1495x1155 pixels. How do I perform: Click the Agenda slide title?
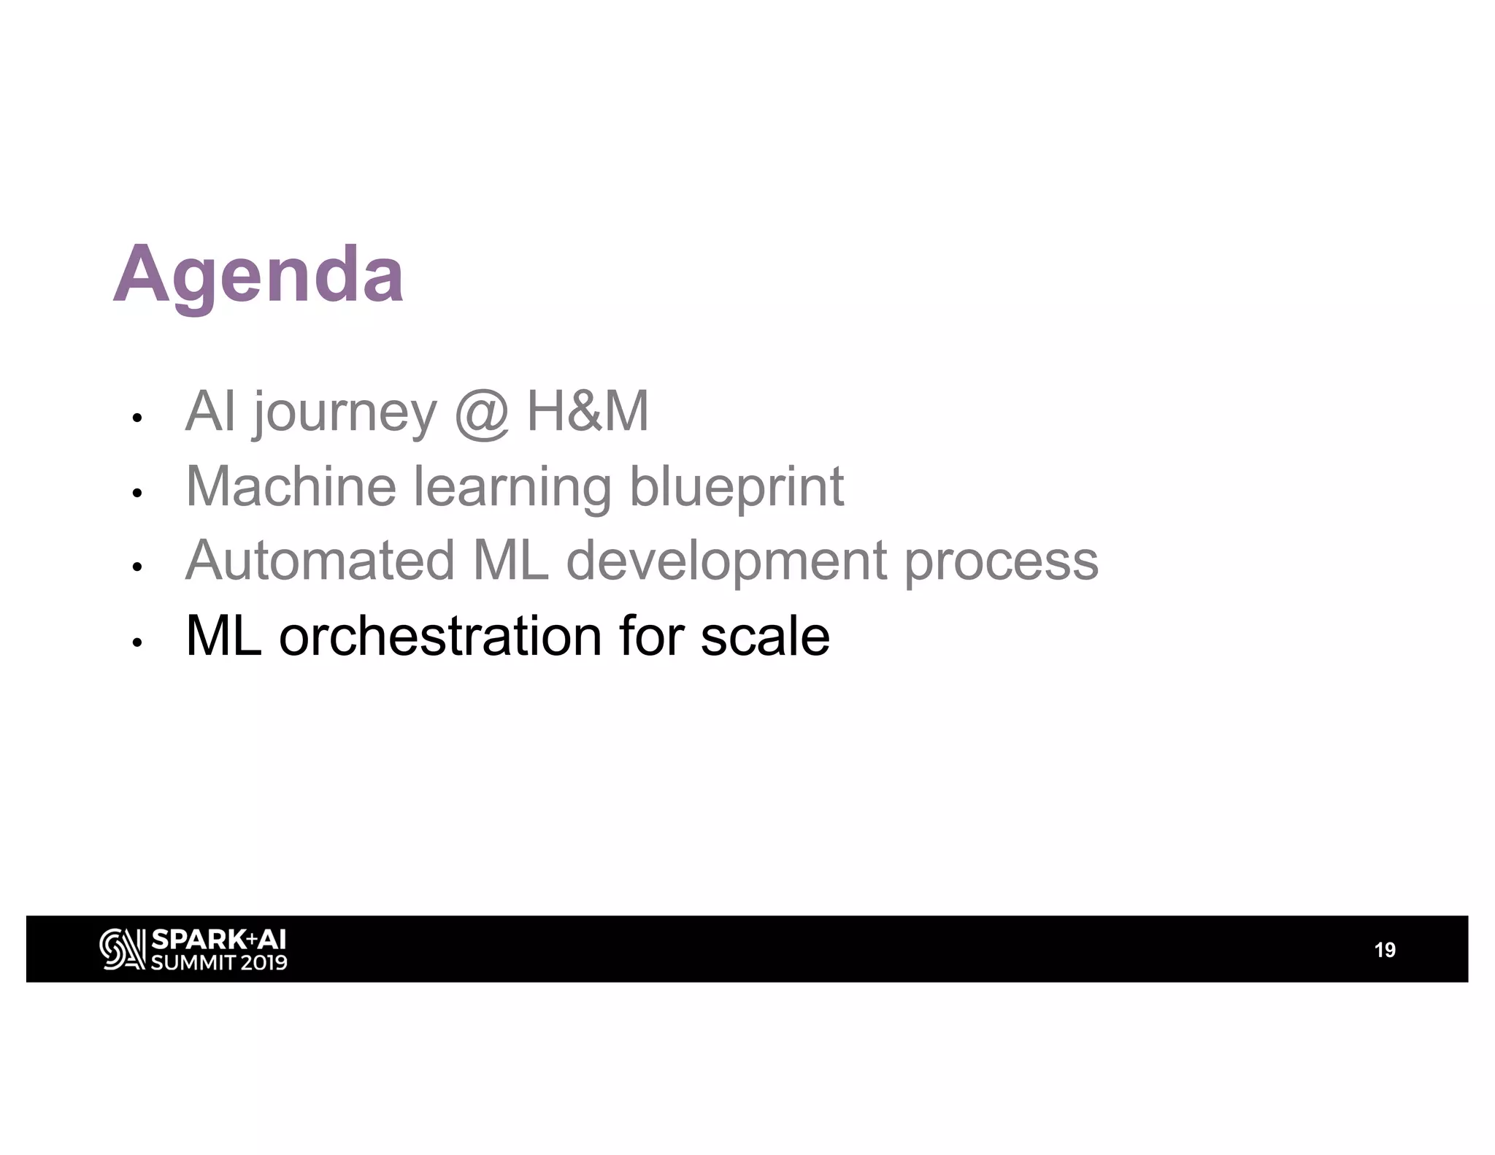tap(258, 276)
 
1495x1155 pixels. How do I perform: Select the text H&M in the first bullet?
tap(588, 412)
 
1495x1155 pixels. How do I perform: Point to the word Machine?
tap(291, 486)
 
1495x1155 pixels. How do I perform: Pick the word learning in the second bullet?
tap(512, 488)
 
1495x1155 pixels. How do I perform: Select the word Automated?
tap(320, 561)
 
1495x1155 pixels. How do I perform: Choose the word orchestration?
tap(440, 636)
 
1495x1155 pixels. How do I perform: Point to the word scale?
tap(764, 636)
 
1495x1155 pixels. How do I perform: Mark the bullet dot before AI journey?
tap(136, 419)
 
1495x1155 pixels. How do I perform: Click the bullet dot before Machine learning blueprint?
tap(136, 494)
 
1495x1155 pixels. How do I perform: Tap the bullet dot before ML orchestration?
tap(136, 642)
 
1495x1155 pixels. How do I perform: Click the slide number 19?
tap(1384, 950)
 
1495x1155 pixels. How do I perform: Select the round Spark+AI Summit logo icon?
tap(122, 949)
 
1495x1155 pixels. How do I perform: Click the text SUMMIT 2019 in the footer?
tap(219, 962)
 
